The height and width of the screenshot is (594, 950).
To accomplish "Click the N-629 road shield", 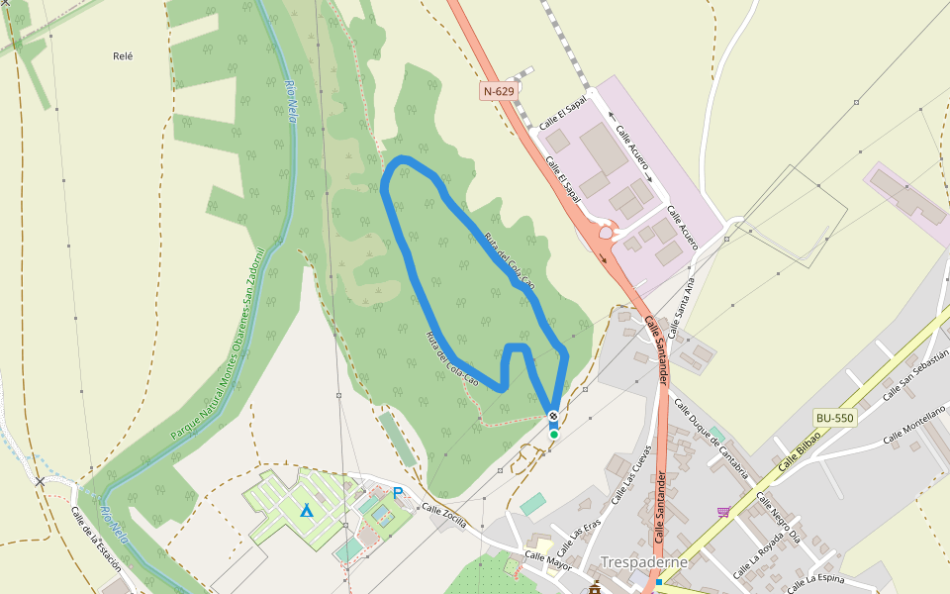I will coord(500,91).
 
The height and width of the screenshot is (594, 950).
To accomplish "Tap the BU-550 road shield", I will coord(834,418).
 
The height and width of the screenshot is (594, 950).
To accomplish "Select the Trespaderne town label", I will coord(643,562).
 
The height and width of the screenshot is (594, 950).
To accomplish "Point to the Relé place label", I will coord(123,56).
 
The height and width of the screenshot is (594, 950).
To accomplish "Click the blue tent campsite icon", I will coord(307,511).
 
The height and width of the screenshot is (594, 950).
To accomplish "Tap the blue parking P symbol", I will coord(398,492).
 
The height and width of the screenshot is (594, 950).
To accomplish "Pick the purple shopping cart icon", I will coord(723,511).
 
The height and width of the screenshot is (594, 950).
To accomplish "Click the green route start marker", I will coord(554,434).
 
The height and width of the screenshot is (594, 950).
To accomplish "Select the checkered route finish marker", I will coord(553,416).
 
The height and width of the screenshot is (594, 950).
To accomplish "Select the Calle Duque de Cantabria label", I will coord(710,438).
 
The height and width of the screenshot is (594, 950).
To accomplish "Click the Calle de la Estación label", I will coord(95,540).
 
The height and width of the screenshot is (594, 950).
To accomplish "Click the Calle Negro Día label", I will coord(778,518).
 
